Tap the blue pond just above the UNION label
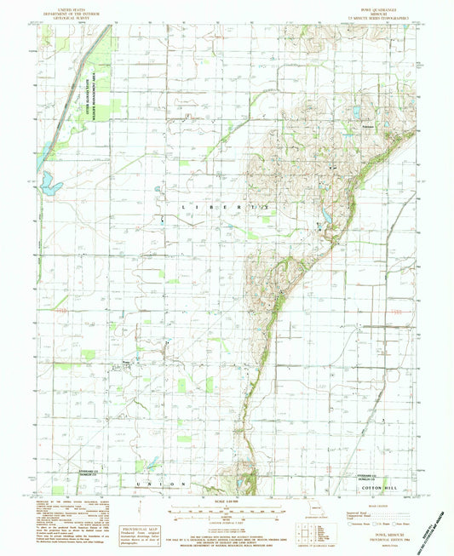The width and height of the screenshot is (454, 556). [x=151, y=465]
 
